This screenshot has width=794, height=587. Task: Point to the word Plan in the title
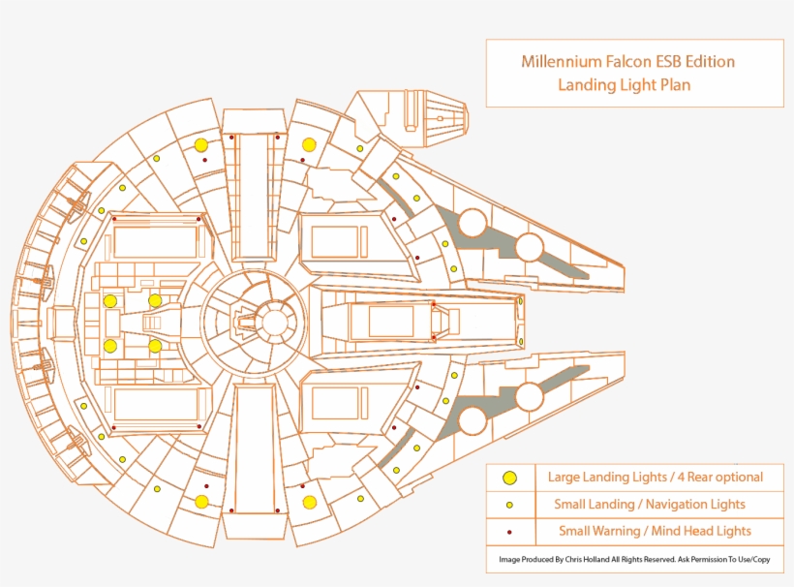671,85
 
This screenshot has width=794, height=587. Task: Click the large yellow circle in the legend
509,478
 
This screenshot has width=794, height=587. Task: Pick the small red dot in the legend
509,532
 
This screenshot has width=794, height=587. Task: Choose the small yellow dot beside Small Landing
509,505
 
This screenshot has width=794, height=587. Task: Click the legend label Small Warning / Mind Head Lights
655,531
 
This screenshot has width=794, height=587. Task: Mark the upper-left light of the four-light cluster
110,300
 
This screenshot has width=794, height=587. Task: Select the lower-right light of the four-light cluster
155,345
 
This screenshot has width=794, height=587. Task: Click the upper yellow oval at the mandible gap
521,301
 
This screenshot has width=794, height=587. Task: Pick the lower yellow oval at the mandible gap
521,340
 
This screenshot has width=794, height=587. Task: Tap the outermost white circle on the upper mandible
530,247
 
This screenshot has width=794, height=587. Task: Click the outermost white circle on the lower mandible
530,395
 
